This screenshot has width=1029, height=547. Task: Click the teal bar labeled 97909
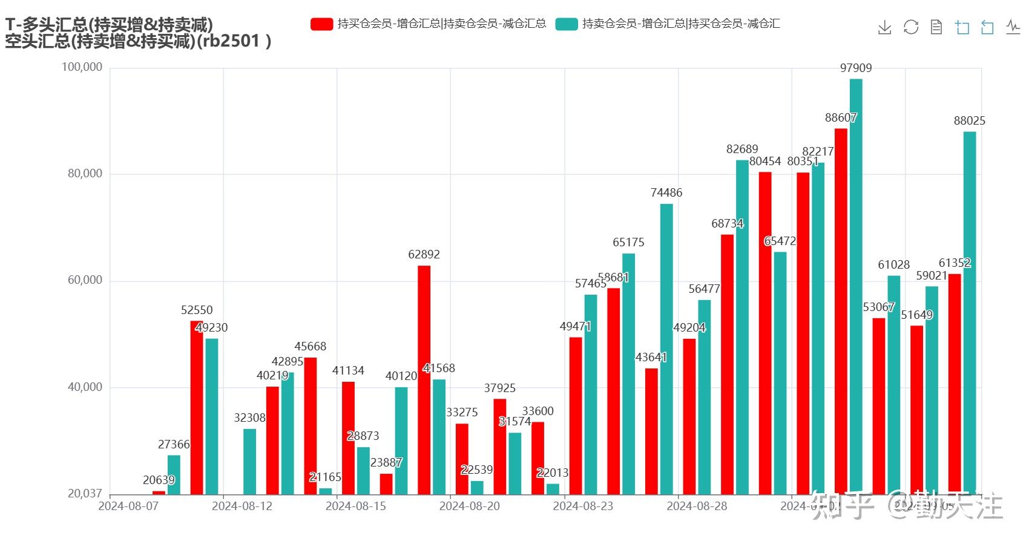click(855, 284)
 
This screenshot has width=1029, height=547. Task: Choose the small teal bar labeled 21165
click(325, 491)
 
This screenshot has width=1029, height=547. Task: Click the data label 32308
click(249, 418)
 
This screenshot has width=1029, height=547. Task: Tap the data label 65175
click(628, 242)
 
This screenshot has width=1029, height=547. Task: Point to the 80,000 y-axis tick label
click(85, 174)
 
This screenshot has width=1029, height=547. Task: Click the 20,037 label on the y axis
click(85, 494)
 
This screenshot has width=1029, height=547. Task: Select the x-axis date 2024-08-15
click(355, 506)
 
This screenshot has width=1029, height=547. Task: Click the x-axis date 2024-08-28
click(697, 506)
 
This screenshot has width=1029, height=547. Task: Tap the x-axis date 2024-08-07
click(128, 506)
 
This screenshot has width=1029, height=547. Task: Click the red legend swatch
click(321, 24)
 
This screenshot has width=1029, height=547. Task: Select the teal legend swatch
click(566, 24)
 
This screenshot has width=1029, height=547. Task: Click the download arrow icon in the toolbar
click(884, 27)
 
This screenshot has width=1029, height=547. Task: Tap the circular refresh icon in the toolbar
click(910, 27)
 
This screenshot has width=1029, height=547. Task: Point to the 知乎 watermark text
click(843, 506)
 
